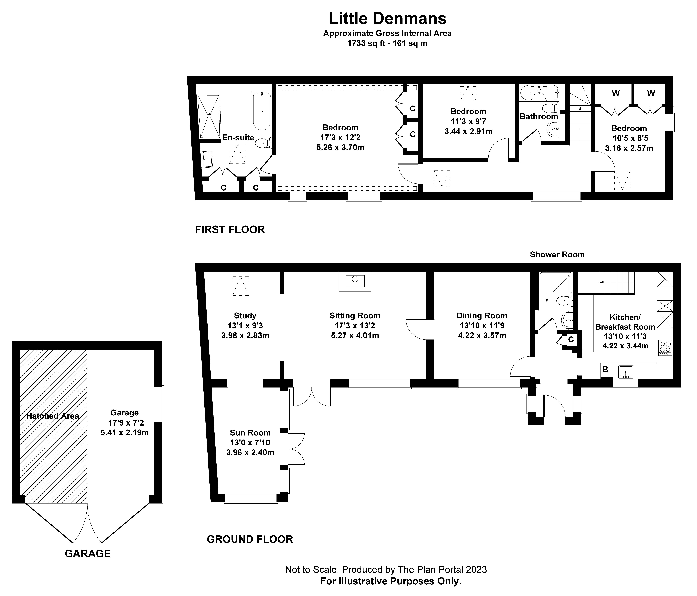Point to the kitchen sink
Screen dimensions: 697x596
click(x=626, y=372)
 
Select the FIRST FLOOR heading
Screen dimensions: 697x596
click(x=230, y=230)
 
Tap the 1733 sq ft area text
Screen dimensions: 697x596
click(x=387, y=43)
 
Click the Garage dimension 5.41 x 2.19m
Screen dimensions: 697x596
click(x=124, y=433)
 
